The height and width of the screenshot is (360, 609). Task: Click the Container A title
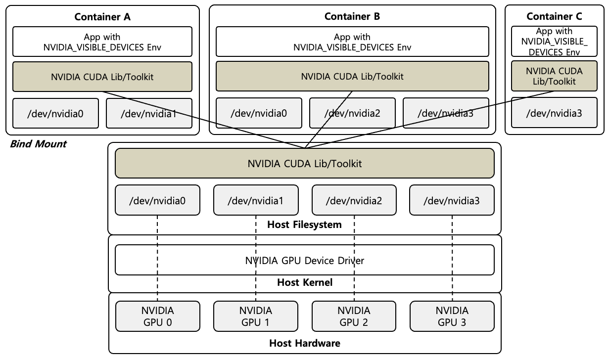coord(102,17)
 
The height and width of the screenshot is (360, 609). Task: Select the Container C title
coord(554,17)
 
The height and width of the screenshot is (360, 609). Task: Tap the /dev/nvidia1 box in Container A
coord(149,113)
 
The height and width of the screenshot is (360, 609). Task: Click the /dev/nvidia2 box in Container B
coord(352,113)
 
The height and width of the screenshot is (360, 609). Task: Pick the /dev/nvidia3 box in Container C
coord(554,113)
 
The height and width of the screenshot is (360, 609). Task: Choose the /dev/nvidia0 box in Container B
coord(259,113)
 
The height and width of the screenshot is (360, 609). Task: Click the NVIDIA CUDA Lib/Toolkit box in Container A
coord(102,77)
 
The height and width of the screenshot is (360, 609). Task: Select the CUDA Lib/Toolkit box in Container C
coord(554,77)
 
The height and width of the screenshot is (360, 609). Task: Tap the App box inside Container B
coord(352,42)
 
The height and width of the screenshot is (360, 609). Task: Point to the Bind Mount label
coord(38,144)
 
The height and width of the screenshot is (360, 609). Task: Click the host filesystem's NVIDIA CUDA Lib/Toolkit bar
coord(305,163)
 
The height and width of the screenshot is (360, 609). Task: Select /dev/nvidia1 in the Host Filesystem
coord(256,200)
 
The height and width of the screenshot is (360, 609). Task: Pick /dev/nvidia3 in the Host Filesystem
coord(452,200)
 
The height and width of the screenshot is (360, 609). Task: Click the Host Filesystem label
coord(304,225)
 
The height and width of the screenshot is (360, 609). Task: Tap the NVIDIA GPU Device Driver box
coord(305,260)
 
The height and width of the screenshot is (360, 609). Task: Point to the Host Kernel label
coord(304,283)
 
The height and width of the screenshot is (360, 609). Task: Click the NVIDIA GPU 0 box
coord(158,316)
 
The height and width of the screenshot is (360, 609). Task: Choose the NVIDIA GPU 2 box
coord(354,316)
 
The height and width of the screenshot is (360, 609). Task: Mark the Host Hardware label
coord(304,343)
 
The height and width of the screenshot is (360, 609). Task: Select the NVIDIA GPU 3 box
coord(452,316)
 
